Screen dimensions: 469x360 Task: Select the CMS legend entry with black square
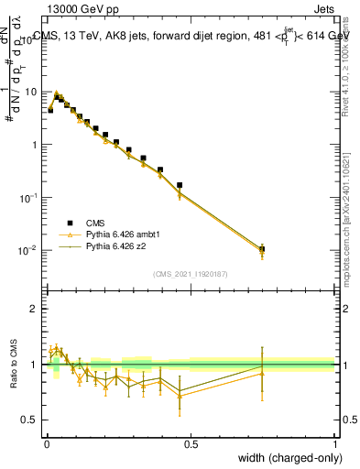tap(96, 223)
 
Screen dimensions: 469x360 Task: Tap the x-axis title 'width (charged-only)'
tap(285, 456)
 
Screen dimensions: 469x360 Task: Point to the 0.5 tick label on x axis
tap(191, 444)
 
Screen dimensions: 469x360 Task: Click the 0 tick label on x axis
tap(47, 444)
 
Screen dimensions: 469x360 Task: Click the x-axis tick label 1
tap(334, 444)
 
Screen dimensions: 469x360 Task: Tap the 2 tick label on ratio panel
tap(34, 309)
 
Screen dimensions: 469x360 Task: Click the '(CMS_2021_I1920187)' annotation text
tap(191, 273)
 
